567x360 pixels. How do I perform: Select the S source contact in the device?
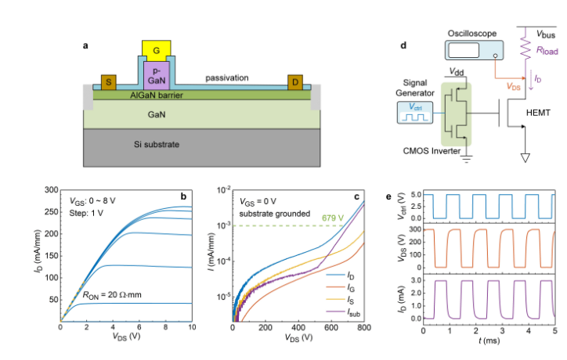[x=107, y=82]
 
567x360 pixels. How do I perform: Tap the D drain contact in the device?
[x=295, y=82]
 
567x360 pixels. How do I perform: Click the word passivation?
[x=226, y=78]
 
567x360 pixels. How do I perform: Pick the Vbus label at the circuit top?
[x=546, y=34]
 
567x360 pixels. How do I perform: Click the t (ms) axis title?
[x=489, y=341]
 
